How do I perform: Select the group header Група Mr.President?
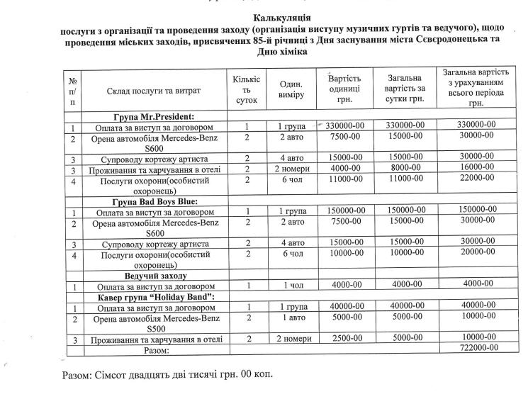point(154,116)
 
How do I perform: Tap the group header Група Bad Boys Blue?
point(154,202)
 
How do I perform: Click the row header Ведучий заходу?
point(155,275)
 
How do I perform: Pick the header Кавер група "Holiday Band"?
point(155,297)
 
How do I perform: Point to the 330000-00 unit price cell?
point(347,125)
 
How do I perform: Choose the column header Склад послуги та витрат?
point(154,91)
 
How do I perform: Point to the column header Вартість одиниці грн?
point(346,89)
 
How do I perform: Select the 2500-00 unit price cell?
point(347,339)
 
